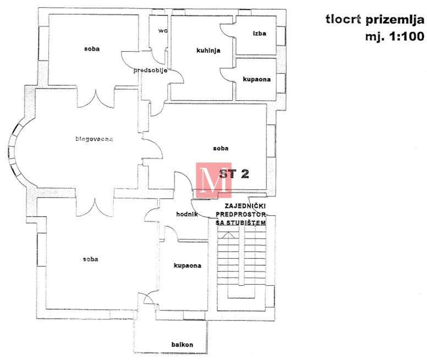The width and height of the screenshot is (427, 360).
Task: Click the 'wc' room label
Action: coord(163,30)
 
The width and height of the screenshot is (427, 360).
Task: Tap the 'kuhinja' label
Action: coord(209,51)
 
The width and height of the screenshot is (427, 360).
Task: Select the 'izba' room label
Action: coord(259,34)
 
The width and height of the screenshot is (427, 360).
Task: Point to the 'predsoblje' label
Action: coord(150,70)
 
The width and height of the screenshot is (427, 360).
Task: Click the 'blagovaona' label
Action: coord(94,139)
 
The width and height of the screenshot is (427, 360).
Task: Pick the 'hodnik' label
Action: coord(187,214)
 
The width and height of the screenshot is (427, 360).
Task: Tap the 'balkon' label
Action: coord(182,345)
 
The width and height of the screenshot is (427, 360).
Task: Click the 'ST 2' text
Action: coord(234,173)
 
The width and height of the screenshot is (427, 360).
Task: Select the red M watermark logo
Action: coord(214,180)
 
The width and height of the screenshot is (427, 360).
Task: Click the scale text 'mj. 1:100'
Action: coord(395,36)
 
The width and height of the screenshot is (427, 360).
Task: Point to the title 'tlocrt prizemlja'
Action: coord(375,20)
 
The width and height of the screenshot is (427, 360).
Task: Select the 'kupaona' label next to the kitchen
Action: coord(256,79)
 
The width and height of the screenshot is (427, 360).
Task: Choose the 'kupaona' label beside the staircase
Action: coord(187,265)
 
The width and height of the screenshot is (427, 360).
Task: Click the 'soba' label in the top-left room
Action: coord(92,49)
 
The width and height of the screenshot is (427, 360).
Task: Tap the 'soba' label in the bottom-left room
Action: coord(90,259)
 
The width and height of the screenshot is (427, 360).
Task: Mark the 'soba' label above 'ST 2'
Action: coord(221,149)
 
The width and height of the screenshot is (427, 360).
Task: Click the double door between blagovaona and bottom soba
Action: coord(95,208)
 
